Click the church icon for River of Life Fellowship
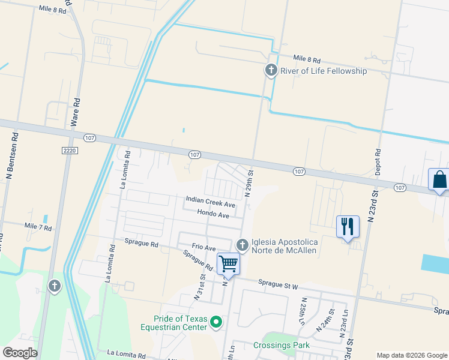point(271,71)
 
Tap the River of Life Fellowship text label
point(324,71)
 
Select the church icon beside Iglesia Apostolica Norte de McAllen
point(242,245)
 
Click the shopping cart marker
point(228,263)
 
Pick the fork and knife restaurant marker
point(348,226)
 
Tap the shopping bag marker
point(439,179)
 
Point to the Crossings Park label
point(282,345)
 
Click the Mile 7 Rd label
point(38,227)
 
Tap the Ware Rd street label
point(76,112)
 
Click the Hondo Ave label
point(213,214)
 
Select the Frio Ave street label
point(203,247)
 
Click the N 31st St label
point(199,287)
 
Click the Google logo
point(20,353)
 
